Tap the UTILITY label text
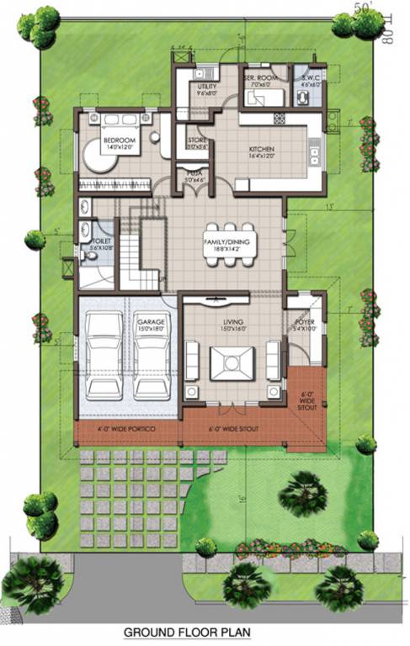coord(207,86)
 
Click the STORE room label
coord(197,141)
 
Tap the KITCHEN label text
coord(261,151)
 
